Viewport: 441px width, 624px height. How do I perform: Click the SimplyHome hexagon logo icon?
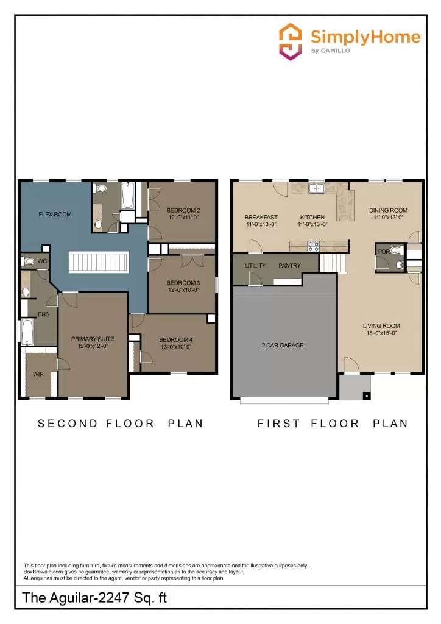[291, 41]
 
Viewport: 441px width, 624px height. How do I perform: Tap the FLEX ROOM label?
[55, 214]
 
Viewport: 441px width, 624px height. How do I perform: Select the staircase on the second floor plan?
[97, 263]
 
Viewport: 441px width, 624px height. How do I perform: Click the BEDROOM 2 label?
[183, 210]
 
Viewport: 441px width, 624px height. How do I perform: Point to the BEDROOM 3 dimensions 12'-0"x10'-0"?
[183, 290]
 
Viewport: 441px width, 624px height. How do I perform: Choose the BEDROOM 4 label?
[175, 340]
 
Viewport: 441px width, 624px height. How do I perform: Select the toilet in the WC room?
[29, 261]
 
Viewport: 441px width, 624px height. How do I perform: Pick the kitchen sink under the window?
[316, 188]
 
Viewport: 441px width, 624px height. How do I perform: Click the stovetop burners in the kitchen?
[313, 246]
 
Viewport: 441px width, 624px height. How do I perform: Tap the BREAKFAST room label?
[261, 217]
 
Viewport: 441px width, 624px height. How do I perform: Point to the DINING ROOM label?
[388, 211]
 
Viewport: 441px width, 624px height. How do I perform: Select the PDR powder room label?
[383, 250]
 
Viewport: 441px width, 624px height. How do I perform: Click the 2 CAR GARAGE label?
[282, 346]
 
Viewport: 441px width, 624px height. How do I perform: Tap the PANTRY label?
[289, 266]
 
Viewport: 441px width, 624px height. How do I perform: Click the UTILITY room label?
[255, 266]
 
